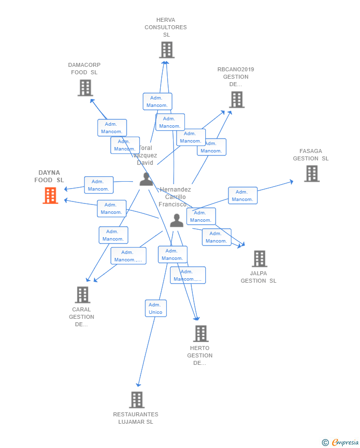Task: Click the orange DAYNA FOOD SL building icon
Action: coord(50,196)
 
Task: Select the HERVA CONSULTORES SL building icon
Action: coord(167,50)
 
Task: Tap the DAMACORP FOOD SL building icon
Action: coord(85,88)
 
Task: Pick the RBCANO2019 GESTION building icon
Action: coord(236,100)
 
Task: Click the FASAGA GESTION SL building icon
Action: coord(312,174)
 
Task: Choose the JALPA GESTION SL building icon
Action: coord(259,258)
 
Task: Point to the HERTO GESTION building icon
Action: coord(200,334)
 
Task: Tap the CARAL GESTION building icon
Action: coord(82,295)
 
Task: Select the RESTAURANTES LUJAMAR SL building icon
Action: coord(136,399)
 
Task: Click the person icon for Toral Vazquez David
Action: coord(146,179)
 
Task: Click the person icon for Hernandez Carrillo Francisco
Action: coord(177,220)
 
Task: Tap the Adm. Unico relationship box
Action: coord(155,308)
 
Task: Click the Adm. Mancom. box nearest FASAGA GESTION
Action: coord(242,196)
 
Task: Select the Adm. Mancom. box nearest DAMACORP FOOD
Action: coord(112,128)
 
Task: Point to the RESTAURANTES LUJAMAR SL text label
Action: coord(135,418)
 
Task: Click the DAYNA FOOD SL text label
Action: coord(49,176)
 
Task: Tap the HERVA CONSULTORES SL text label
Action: coord(166,27)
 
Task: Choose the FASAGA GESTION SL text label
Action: coord(311,155)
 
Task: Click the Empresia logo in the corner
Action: coord(340,442)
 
